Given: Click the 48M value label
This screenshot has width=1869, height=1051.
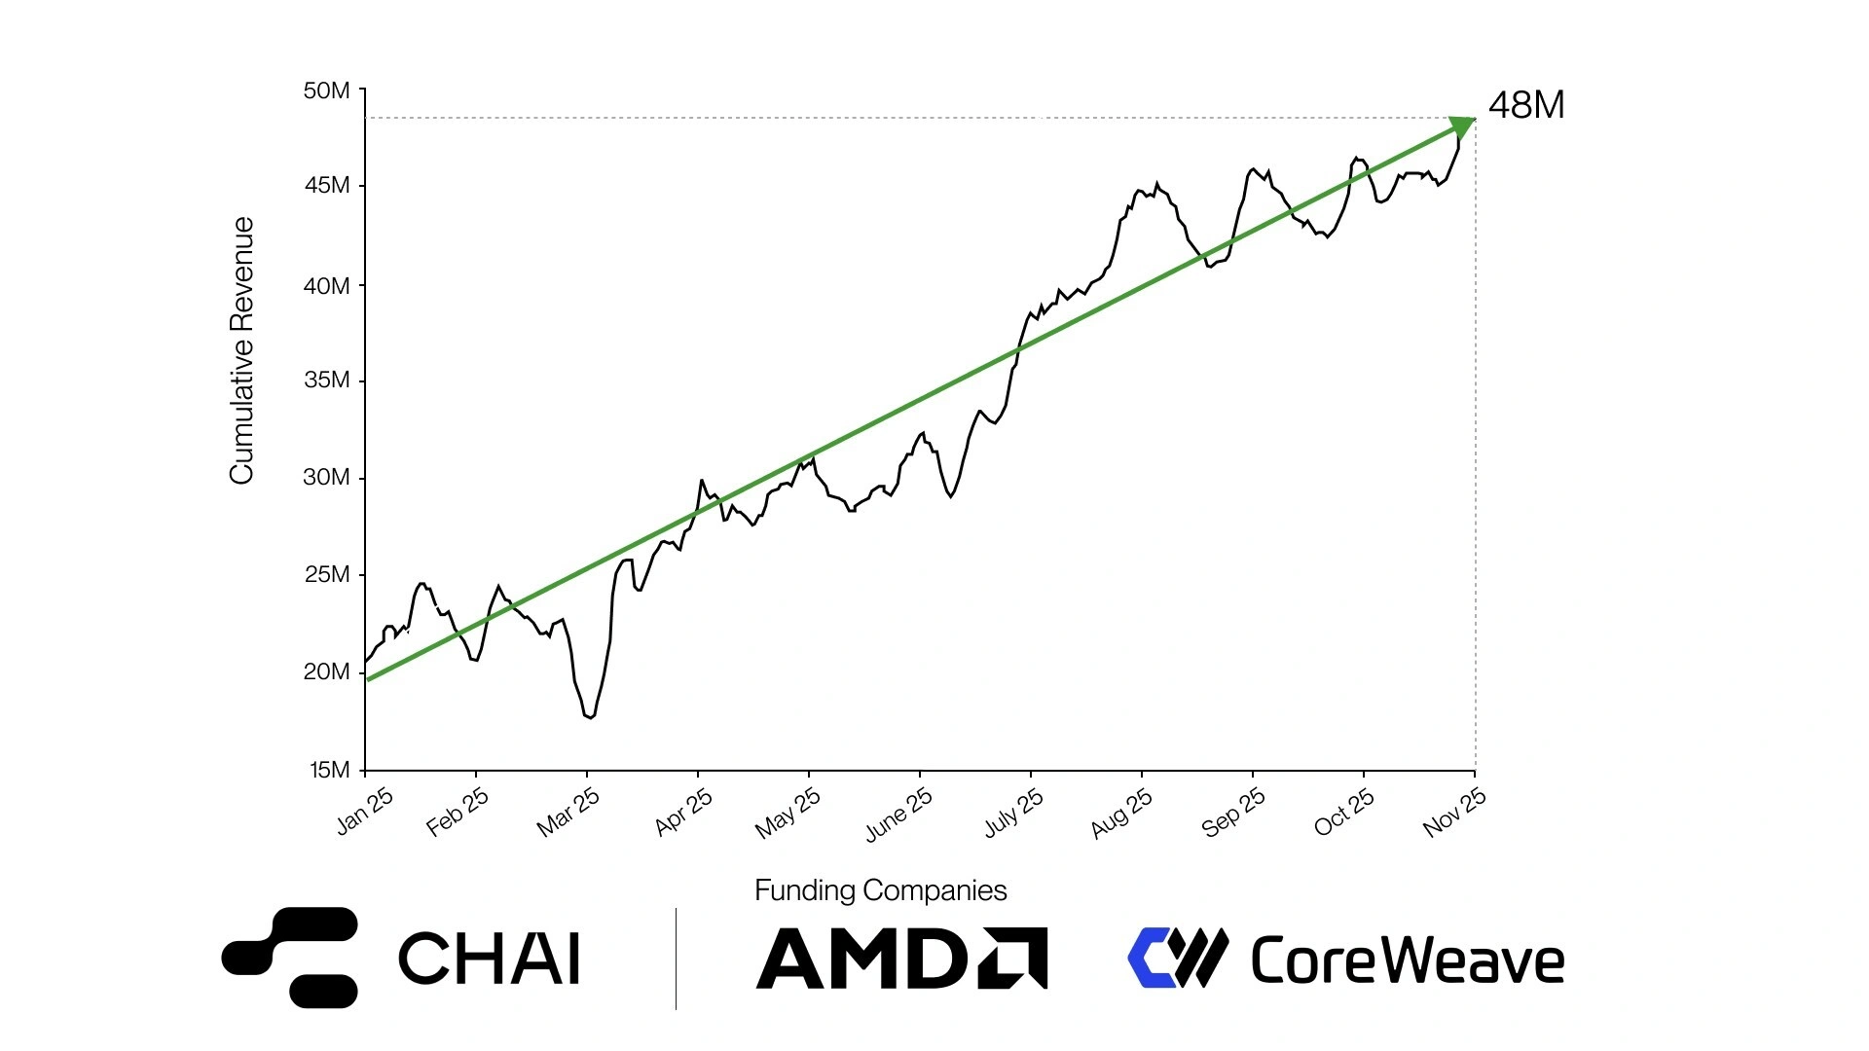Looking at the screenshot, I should (1525, 105).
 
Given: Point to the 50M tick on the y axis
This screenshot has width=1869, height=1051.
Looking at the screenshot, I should (327, 91).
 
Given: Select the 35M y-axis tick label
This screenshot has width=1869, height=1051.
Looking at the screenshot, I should (327, 380).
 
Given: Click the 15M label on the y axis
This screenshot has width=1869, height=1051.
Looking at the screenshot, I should (329, 770).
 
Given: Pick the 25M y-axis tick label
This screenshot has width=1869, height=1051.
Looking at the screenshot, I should (327, 574).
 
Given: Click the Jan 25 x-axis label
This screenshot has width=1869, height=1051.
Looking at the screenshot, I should (364, 811).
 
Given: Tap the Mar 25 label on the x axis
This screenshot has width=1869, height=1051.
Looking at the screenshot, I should (568, 813).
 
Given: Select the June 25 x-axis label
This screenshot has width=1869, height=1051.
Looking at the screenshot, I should (898, 814).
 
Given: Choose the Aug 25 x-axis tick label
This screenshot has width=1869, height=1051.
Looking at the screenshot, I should (1121, 814).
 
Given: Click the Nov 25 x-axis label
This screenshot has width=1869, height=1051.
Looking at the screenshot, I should (1453, 813).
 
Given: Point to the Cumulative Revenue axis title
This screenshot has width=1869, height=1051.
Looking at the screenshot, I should (241, 350).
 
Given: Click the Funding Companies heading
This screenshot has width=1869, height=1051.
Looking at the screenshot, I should (880, 890).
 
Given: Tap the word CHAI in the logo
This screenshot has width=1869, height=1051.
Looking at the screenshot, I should (489, 959).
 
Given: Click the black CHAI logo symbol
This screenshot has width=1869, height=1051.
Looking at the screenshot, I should (290, 957).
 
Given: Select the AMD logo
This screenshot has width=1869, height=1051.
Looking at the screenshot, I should (901, 959).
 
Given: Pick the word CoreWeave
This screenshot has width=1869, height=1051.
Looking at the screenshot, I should (1407, 960).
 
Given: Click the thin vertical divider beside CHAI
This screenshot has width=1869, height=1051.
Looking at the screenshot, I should (676, 959).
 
